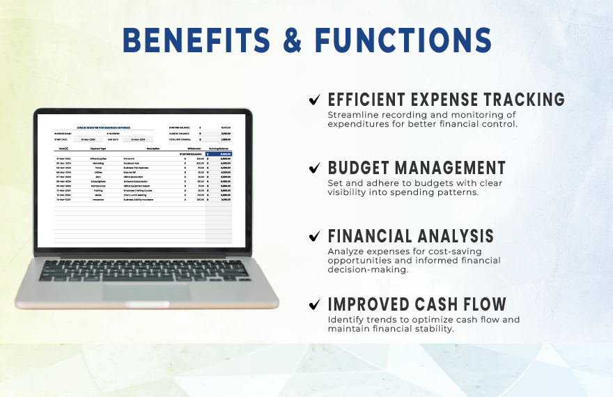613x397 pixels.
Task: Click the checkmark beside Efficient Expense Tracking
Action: point(316,100)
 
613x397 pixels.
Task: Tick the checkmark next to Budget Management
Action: point(316,168)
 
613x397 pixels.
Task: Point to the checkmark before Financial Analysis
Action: point(316,236)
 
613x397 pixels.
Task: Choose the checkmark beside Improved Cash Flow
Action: point(316,304)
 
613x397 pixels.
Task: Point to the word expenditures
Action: point(360,124)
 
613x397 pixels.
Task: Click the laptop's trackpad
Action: point(146,291)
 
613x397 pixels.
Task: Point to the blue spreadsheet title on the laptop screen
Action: point(104,128)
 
